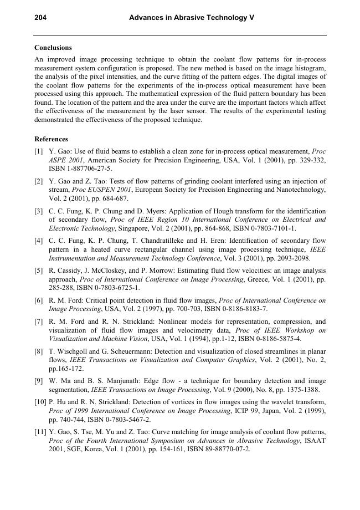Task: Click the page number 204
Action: [x=40, y=18]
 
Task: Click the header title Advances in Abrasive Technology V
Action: [x=191, y=18]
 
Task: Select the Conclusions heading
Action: [x=53, y=48]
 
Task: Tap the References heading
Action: [x=51, y=139]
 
